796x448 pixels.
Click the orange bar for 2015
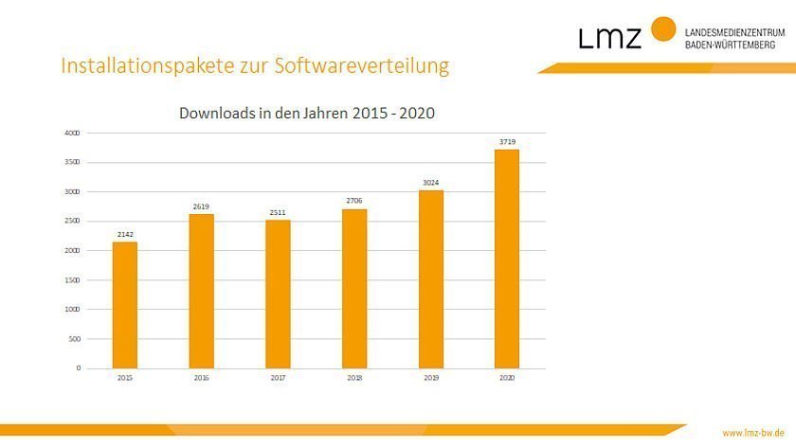tap(125, 305)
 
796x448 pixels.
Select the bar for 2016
tap(201, 291)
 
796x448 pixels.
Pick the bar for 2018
tap(354, 288)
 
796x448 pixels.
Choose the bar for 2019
tap(431, 278)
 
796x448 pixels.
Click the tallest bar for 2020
tap(507, 259)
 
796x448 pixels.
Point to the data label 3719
tap(507, 141)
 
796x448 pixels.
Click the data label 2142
tap(125, 233)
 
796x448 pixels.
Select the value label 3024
tap(431, 182)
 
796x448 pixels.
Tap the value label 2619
tap(201, 206)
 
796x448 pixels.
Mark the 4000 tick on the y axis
tap(71, 133)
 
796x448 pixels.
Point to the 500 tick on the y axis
tap(73, 339)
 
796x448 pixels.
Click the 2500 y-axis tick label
tap(71, 221)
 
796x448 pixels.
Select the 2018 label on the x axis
tap(354, 378)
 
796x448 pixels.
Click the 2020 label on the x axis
tap(507, 378)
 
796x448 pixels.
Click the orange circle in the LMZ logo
tap(663, 28)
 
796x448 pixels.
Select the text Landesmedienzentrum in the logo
tap(730, 32)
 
